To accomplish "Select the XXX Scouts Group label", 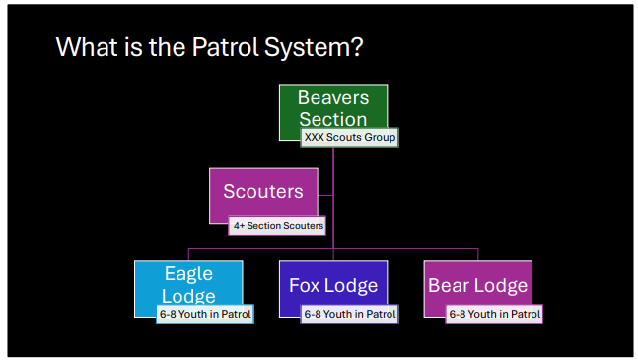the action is point(349,137).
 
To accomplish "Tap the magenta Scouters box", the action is point(263,192).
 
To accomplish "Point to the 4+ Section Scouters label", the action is point(277,225).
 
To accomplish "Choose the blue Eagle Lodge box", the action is point(188,285).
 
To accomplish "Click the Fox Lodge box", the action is point(333,285).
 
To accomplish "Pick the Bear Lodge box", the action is point(477,285).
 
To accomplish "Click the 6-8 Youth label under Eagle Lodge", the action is point(205,314).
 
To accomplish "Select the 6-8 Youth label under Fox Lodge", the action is point(349,314).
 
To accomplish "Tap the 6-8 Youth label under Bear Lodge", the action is point(494,314).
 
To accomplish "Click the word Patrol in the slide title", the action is point(226,47).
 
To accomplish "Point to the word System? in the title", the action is point(314,48).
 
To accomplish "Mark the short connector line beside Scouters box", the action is point(325,195).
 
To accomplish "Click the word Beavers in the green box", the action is point(333,98).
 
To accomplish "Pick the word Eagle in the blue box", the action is point(188,274).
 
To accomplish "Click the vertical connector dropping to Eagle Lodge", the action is point(188,254).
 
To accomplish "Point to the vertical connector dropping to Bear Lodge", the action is point(477,254).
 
